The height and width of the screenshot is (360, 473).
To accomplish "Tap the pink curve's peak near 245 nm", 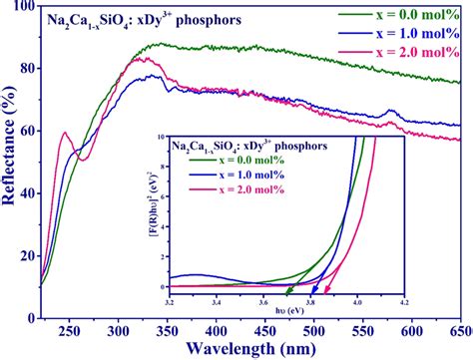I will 65,133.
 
